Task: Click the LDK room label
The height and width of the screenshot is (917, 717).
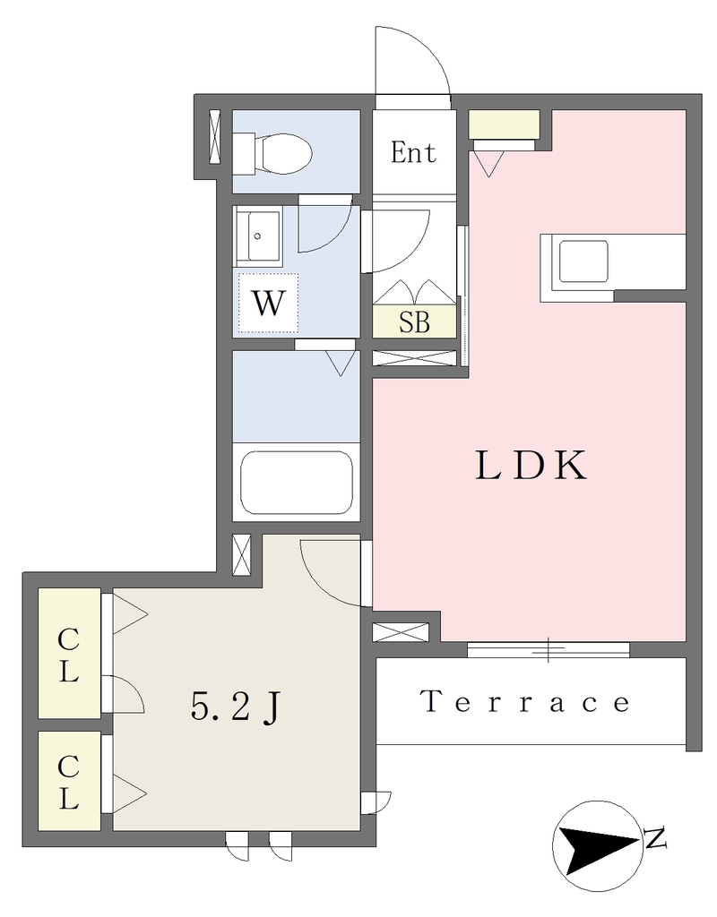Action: click(531, 466)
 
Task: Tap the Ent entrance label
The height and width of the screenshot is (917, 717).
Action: click(413, 152)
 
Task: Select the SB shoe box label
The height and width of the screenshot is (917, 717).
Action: click(414, 322)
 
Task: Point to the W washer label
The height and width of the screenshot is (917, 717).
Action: click(268, 304)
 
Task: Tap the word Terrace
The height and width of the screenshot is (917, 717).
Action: click(525, 700)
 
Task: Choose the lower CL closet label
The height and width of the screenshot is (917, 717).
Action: click(68, 782)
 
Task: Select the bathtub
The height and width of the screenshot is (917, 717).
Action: click(296, 482)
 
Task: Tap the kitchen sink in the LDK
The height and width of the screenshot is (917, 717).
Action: click(583, 262)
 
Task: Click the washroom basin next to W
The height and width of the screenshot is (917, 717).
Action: click(257, 236)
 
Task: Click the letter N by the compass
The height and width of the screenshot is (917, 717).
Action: click(656, 838)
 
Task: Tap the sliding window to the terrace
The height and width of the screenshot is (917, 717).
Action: click(549, 649)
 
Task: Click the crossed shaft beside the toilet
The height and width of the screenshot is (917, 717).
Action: click(215, 137)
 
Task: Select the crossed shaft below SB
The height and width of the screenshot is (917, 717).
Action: click(414, 358)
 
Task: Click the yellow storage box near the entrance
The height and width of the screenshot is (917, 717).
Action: click(504, 124)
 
